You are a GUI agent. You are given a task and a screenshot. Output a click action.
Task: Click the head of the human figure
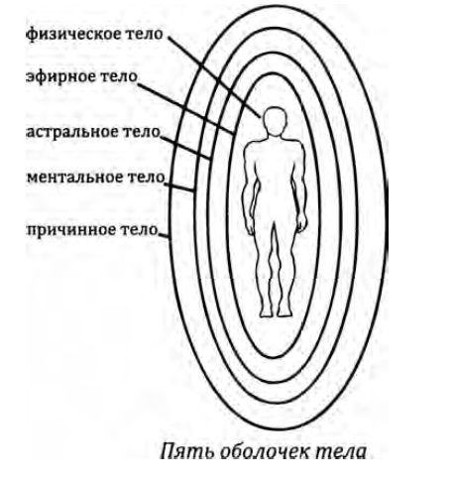pos(275,121)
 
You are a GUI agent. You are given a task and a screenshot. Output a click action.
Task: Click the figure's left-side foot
pos(265,312)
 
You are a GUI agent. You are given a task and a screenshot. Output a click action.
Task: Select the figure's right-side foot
pos(284,311)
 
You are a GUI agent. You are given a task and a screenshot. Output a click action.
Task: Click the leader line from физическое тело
pos(214,76)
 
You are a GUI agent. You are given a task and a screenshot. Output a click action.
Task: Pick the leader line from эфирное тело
pos(186,108)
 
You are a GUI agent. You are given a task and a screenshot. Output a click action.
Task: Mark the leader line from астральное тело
pos(185,148)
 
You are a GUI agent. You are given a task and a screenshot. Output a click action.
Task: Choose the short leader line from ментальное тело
pos(178,187)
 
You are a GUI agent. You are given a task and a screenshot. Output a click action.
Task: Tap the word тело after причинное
pos(139,230)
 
